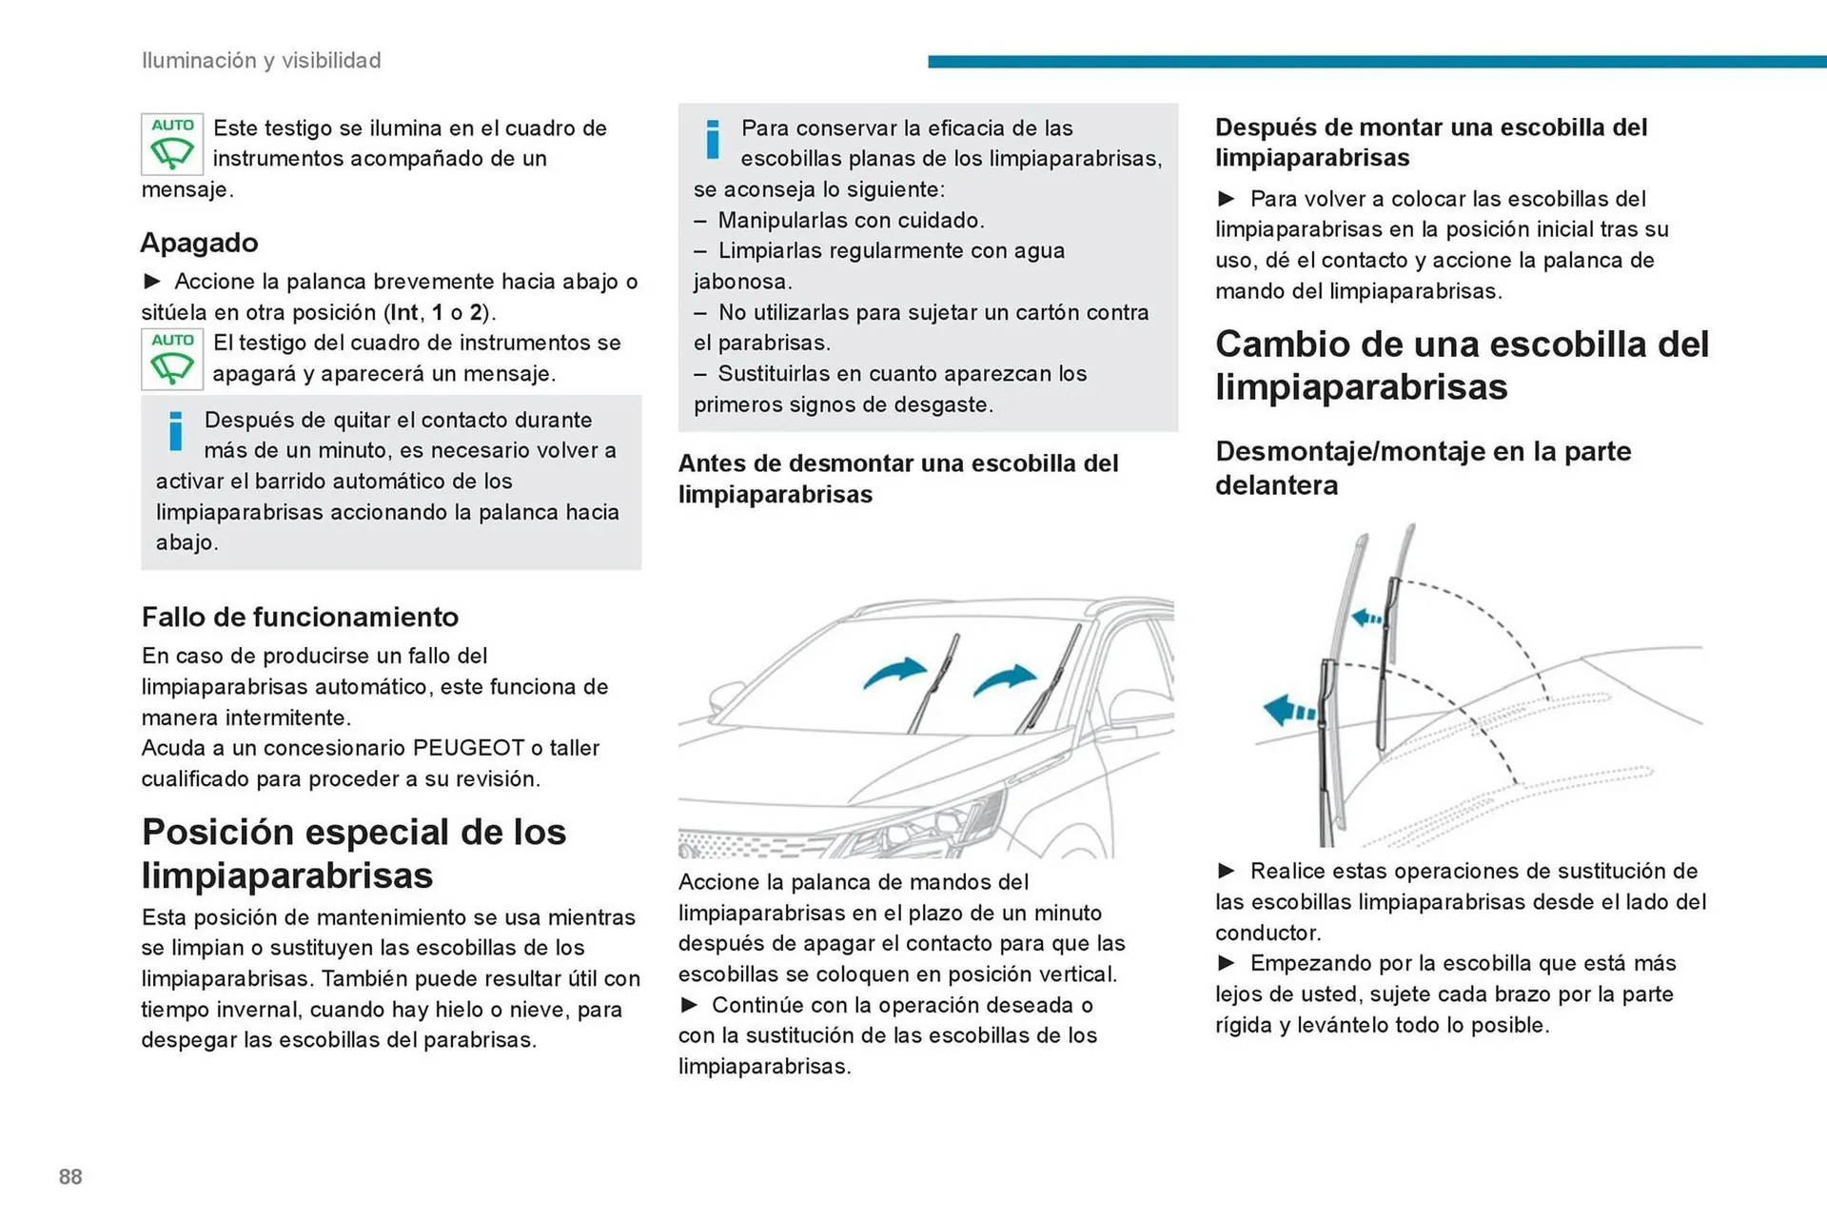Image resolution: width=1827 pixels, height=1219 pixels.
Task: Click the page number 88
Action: (x=70, y=1176)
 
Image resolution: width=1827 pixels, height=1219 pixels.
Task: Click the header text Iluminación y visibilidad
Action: (x=261, y=60)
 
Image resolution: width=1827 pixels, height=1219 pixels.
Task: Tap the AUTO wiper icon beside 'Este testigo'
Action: (x=172, y=144)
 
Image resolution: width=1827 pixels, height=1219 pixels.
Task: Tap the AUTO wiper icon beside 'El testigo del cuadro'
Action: (x=172, y=359)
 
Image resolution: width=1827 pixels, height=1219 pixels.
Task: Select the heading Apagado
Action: (x=199, y=243)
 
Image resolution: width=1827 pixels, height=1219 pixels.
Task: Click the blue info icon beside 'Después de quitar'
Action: (x=175, y=431)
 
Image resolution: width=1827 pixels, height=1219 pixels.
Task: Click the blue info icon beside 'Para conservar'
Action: (x=712, y=139)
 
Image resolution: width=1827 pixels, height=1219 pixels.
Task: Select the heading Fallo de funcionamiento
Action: (x=300, y=617)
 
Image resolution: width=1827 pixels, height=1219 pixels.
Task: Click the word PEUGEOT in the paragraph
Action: (x=468, y=748)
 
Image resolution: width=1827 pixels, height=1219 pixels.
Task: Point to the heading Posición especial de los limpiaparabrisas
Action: (x=354, y=854)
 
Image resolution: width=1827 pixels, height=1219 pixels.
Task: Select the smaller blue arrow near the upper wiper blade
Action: (x=1366, y=618)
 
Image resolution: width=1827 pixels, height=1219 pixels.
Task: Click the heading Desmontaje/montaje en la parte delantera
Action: (x=1423, y=468)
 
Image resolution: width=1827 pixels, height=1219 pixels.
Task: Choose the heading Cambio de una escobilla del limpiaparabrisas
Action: (x=1462, y=365)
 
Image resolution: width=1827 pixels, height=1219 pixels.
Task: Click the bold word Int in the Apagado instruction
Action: (x=403, y=312)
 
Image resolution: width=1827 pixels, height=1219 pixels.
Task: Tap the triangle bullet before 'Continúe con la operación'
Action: (x=690, y=1005)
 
